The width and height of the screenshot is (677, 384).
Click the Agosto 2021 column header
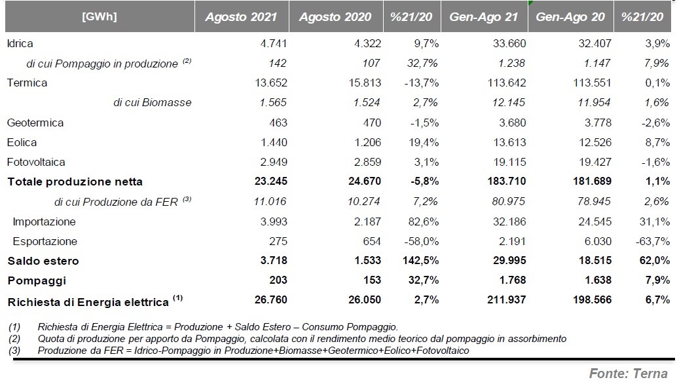point(241,17)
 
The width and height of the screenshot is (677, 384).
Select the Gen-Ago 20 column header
point(570,17)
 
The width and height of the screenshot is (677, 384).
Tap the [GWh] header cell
point(100,16)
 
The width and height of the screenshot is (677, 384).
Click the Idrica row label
point(20,43)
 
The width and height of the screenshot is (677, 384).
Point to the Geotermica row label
point(35,123)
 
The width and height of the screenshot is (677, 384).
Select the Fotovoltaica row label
point(36,162)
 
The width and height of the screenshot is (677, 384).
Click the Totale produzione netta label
point(75,182)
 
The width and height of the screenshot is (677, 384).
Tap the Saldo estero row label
point(43,260)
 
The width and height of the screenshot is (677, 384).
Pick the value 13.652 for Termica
point(271,83)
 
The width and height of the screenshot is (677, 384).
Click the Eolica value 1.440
point(274,142)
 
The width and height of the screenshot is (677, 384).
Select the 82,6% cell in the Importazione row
point(424,221)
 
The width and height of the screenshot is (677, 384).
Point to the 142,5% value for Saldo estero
point(420,260)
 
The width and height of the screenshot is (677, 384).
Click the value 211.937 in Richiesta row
point(507,299)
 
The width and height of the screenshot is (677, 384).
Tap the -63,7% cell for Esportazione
point(653,241)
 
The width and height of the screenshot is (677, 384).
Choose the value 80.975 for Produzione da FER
point(509,201)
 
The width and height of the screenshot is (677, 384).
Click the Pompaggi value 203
point(278,280)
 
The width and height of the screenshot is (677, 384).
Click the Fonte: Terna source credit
point(628,374)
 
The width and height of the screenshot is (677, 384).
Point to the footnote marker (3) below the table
point(14,351)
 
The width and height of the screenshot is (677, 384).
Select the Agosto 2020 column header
point(335,17)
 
